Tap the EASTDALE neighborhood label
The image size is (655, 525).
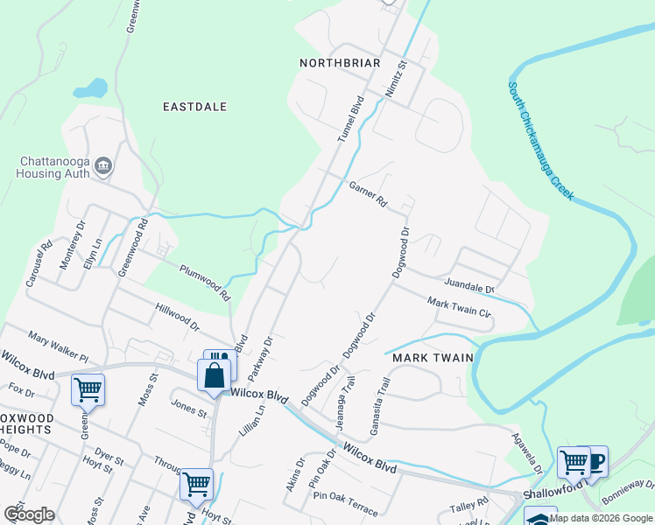coord(195,107)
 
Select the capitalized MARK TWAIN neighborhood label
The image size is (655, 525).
coord(433,358)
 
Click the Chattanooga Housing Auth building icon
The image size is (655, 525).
coord(103,165)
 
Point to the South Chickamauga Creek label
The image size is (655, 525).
coord(541,142)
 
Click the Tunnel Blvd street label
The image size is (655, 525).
coord(350,120)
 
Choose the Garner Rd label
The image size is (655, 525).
coord(368,193)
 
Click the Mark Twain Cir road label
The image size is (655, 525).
coord(459,308)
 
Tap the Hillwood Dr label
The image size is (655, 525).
coord(178,316)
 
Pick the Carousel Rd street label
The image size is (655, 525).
coord(40,263)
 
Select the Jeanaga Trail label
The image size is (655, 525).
coord(345,403)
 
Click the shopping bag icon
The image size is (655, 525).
coord(215,376)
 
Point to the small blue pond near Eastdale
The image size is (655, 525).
coord(91,88)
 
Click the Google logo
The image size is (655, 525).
coord(29,514)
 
